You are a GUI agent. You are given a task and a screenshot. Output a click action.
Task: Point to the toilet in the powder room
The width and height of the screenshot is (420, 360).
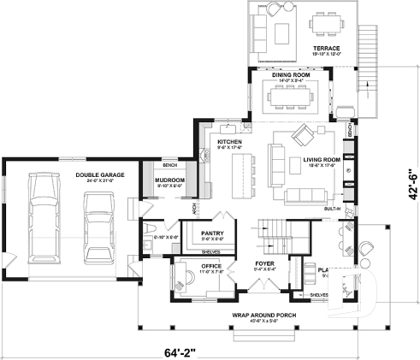point(149,226)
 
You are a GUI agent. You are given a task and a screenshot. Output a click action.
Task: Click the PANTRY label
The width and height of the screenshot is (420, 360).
point(212,233)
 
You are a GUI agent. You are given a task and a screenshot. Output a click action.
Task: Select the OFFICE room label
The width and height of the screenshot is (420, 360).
point(211,266)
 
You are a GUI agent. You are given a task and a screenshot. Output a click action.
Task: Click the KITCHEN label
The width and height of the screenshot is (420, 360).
point(229,142)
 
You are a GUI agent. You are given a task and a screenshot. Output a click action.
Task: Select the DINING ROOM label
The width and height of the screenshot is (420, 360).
point(291,74)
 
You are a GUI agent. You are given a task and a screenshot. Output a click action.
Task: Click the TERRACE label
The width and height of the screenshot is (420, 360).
point(326,48)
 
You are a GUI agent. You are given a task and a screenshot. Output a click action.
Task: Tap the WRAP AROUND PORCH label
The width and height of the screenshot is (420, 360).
point(257,316)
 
